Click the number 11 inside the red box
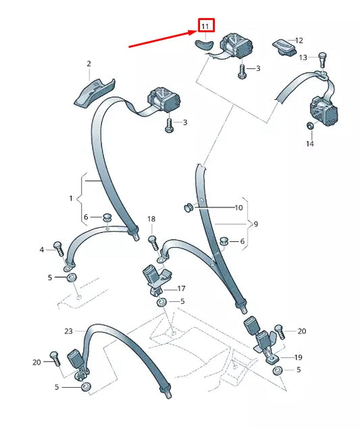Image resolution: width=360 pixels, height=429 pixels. tap(205, 26)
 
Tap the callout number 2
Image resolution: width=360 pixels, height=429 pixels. tap(89, 64)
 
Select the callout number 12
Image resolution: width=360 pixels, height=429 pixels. tap(299, 41)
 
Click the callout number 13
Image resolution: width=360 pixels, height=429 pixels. tap(303, 57)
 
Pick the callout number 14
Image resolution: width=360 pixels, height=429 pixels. tap(310, 144)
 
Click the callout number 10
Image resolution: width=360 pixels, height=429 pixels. tap(239, 208)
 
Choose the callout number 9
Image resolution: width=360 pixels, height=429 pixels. tap(256, 224)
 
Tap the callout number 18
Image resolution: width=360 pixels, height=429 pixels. tap(151, 219)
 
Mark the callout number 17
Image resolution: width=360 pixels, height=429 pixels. tap(182, 288)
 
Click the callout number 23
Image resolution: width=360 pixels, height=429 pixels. tap(68, 331)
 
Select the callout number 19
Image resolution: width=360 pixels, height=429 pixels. tap(298, 357)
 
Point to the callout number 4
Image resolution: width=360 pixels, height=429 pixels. tap(42, 250)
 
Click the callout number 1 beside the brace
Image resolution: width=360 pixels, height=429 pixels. tap(71, 198)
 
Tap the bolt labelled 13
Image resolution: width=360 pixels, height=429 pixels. tap(323, 59)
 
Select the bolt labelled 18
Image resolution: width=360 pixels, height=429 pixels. tap(153, 243)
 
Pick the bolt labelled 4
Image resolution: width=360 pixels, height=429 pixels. tap(59, 249)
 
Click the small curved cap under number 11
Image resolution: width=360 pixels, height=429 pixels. tap(203, 45)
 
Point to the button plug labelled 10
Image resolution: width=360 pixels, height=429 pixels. tap(188, 207)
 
